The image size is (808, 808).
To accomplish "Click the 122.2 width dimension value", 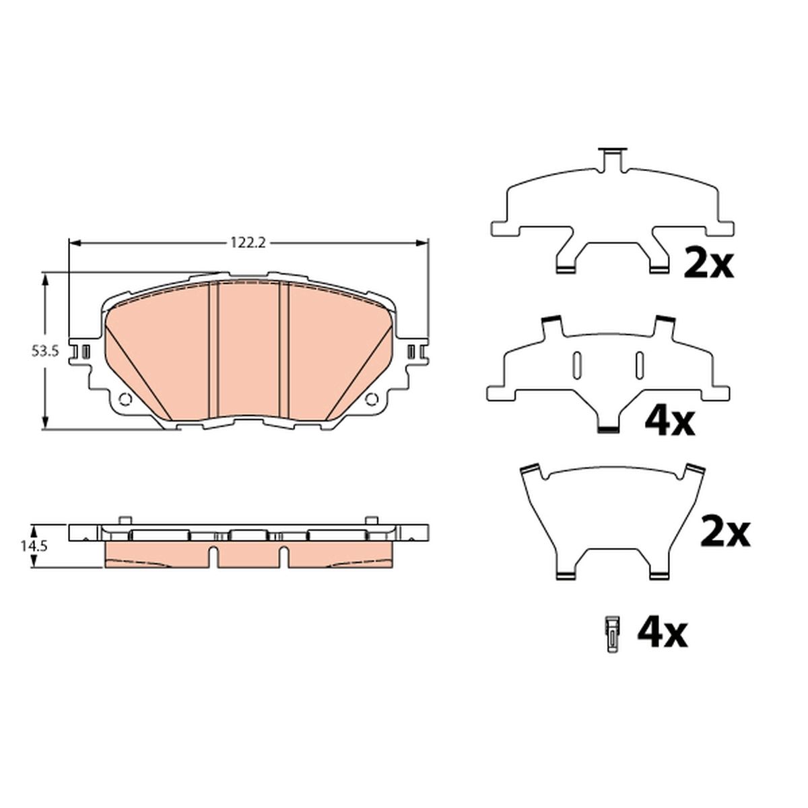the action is click(248, 242).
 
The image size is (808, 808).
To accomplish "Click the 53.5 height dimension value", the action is click(44, 351).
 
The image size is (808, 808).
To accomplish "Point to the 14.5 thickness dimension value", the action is click(33, 546).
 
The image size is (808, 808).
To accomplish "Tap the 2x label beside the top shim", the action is click(708, 263).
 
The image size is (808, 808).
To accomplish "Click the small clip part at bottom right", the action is click(613, 646).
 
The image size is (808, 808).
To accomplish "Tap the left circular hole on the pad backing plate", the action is click(125, 399).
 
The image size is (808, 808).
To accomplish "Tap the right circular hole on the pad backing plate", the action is click(372, 399).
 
